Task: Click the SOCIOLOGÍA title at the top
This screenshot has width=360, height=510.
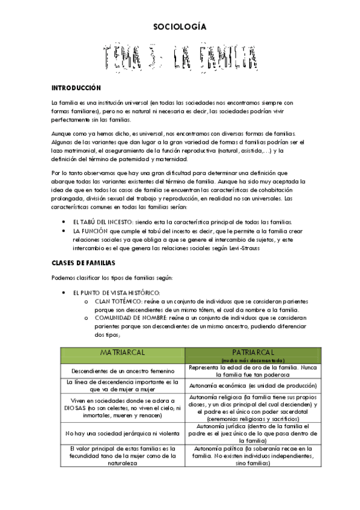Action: [180, 27]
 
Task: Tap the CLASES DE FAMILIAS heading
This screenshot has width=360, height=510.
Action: [82, 263]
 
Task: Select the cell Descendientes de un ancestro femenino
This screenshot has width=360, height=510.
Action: [122, 370]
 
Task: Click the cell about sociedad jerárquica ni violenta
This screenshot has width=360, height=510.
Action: [122, 432]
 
